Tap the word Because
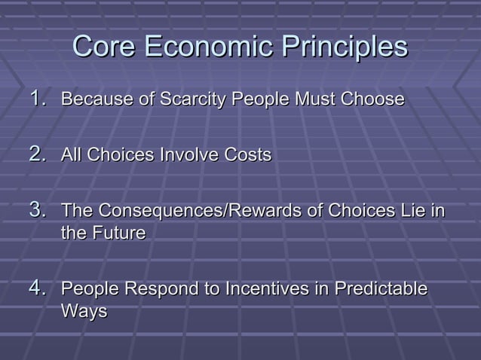[x=91, y=99]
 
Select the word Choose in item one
[x=373, y=99]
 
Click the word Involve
[x=191, y=155]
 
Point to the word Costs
[x=248, y=155]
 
